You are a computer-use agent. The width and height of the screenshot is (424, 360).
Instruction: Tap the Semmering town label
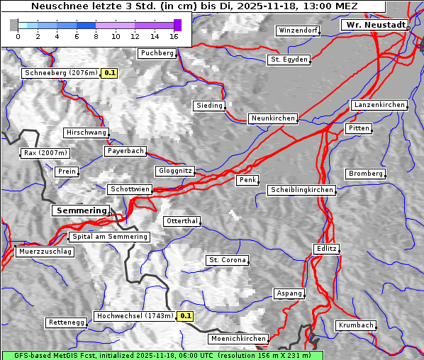(82, 210)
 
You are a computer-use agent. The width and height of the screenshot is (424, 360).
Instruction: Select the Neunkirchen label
(272, 118)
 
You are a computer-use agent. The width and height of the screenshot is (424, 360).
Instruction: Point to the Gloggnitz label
(174, 171)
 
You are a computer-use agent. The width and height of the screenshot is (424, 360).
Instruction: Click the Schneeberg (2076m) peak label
(60, 72)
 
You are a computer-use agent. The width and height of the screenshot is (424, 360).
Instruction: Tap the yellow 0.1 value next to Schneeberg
(110, 72)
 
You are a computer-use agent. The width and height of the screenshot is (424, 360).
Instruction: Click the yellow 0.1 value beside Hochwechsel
(185, 316)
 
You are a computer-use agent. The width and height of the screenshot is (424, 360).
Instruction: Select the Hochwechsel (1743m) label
(135, 316)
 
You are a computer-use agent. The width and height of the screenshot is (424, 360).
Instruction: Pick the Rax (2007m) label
(45, 153)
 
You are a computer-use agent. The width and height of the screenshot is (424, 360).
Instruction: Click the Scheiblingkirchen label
(301, 190)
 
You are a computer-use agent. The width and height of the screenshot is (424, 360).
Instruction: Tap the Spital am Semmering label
(109, 237)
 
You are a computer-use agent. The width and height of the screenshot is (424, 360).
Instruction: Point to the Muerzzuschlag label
(45, 252)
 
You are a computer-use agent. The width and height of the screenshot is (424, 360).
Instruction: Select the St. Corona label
(227, 260)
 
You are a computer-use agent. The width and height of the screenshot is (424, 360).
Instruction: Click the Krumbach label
(355, 325)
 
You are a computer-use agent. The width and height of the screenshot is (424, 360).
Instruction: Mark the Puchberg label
(157, 53)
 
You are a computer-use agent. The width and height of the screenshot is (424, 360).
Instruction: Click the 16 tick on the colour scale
(174, 36)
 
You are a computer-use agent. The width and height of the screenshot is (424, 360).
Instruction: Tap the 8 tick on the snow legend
(96, 36)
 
